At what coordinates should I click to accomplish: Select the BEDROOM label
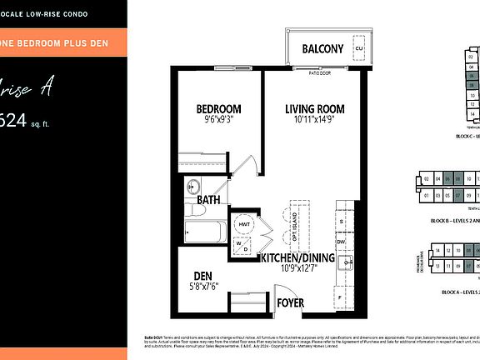tap(218, 109)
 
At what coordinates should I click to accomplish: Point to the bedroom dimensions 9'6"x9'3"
tap(218, 121)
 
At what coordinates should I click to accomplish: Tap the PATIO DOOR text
tap(314, 72)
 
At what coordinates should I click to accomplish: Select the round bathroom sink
tap(192, 186)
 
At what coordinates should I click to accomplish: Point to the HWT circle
tap(244, 224)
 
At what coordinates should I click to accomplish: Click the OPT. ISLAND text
tap(295, 221)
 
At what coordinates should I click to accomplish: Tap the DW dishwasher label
tap(341, 241)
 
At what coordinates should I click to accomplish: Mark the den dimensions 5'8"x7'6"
tap(204, 287)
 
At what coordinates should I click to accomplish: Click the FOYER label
tap(290, 303)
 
